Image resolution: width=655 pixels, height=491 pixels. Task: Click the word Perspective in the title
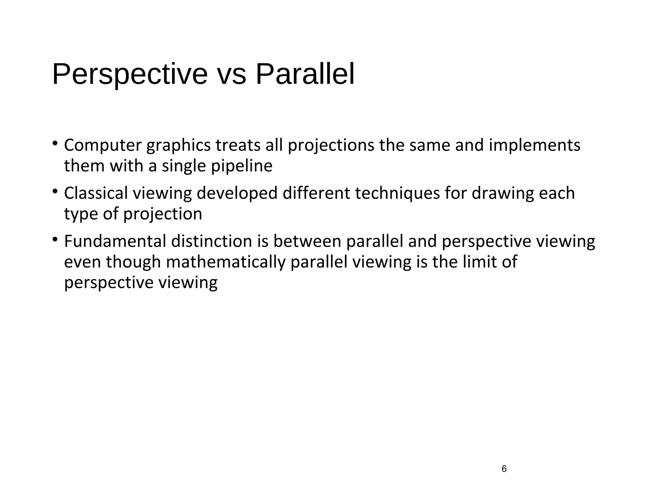pyautogui.click(x=130, y=74)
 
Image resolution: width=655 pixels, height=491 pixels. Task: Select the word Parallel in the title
pyautogui.click(x=305, y=74)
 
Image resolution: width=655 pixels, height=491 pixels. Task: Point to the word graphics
pyautogui.click(x=178, y=145)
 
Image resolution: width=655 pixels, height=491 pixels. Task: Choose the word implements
pyautogui.click(x=534, y=145)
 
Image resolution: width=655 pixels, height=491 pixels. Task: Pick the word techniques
pyautogui.click(x=398, y=193)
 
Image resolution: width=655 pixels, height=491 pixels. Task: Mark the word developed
pyautogui.click(x=237, y=193)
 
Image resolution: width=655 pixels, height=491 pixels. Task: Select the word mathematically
pyautogui.click(x=226, y=262)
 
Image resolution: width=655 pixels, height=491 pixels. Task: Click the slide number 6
pyautogui.click(x=504, y=469)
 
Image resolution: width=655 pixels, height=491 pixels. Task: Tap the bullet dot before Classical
pyautogui.click(x=55, y=191)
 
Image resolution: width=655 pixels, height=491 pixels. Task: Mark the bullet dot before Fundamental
pyautogui.click(x=55, y=239)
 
